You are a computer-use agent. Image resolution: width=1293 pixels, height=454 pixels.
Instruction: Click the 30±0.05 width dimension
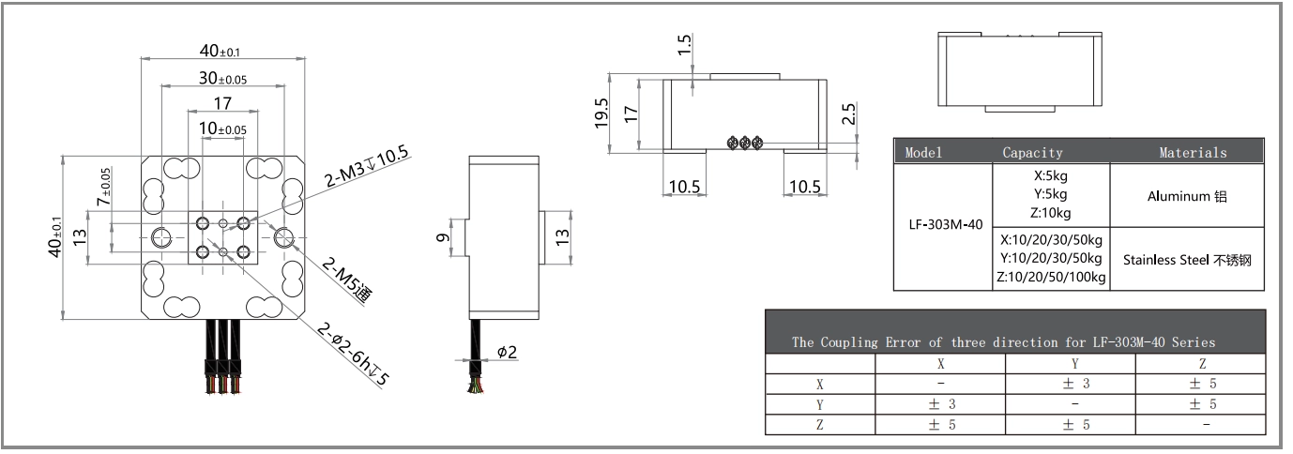tap(222, 79)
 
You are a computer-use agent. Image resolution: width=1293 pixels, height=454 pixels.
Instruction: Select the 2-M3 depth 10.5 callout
tap(360, 170)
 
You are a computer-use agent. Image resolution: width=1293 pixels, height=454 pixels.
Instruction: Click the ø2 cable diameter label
tap(507, 353)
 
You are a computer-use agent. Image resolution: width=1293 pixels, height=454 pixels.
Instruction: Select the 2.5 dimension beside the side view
tap(848, 114)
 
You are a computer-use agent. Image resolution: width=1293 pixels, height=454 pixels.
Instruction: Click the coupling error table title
tap(1003, 342)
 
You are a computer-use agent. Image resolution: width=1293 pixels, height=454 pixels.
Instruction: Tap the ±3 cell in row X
tap(1075, 384)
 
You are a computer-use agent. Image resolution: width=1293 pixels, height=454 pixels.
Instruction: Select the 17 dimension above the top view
tap(221, 104)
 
